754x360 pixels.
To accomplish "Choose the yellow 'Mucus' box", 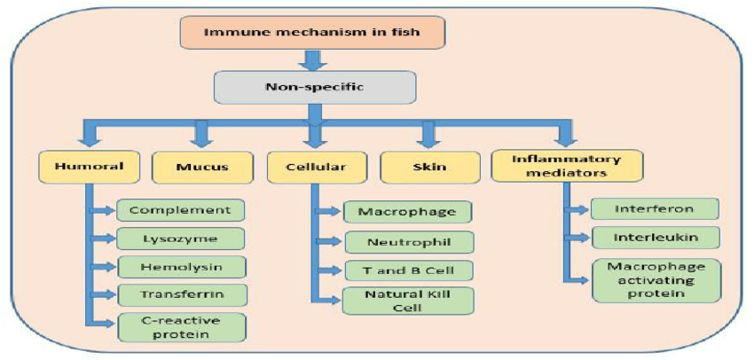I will [202, 167].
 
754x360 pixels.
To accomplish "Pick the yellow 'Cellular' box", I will [311, 167].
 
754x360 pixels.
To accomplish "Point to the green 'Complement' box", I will [180, 211].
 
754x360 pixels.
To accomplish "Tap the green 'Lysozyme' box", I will [180, 239].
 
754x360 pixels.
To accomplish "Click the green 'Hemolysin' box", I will [180, 267].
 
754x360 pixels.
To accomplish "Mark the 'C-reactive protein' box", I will [180, 327].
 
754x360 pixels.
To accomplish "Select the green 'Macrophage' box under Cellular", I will [407, 212].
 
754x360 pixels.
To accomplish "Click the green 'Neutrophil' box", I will [407, 240].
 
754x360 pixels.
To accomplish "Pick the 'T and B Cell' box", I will [407, 270].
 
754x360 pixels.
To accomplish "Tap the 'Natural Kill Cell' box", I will [407, 301].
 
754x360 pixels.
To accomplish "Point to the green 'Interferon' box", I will [654, 209].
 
